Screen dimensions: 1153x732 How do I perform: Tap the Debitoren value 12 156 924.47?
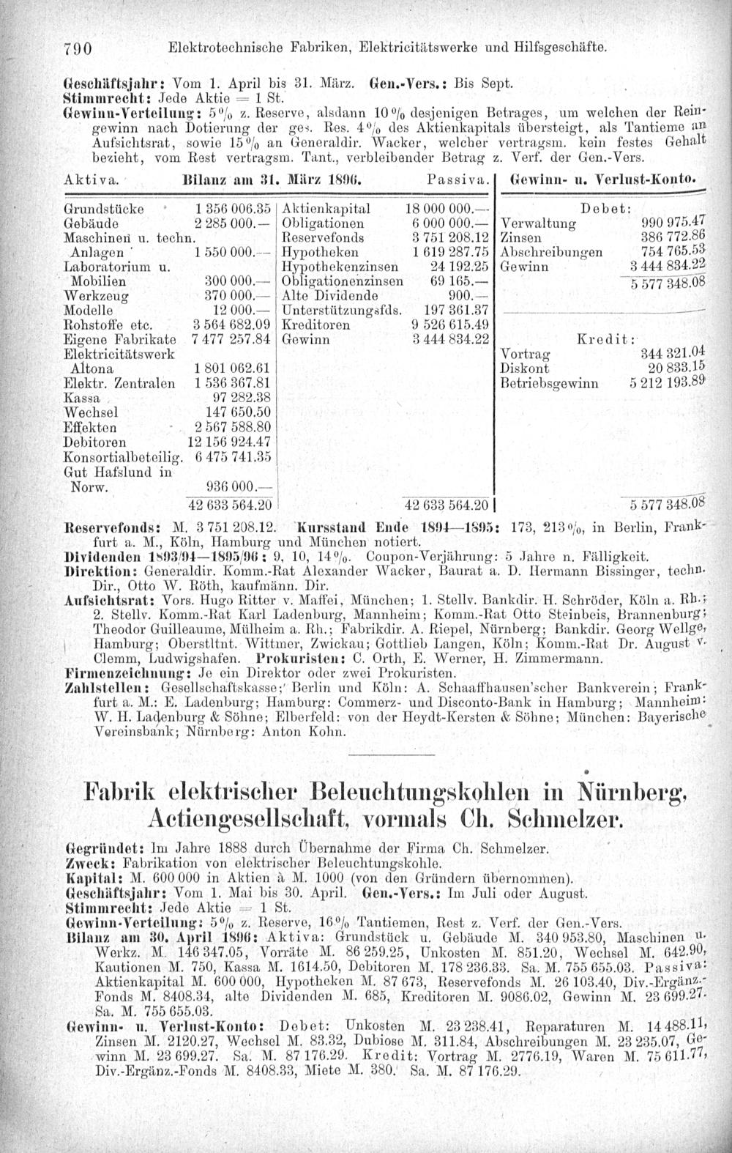tap(230, 442)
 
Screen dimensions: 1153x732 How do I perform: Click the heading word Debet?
tap(602, 207)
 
